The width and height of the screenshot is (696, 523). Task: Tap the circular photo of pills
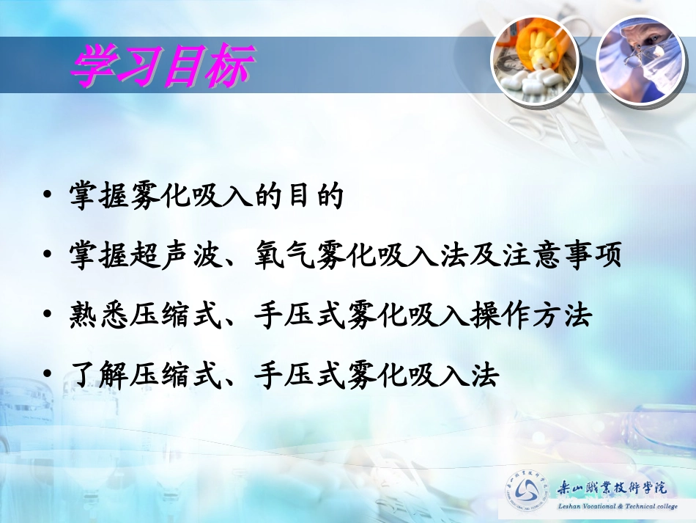click(534, 65)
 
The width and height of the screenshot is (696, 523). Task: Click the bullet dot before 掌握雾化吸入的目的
click(48, 197)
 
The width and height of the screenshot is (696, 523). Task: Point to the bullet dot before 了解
click(48, 376)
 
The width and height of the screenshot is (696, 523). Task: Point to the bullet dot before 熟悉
click(48, 316)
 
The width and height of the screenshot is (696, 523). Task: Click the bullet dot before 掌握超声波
click(48, 256)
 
